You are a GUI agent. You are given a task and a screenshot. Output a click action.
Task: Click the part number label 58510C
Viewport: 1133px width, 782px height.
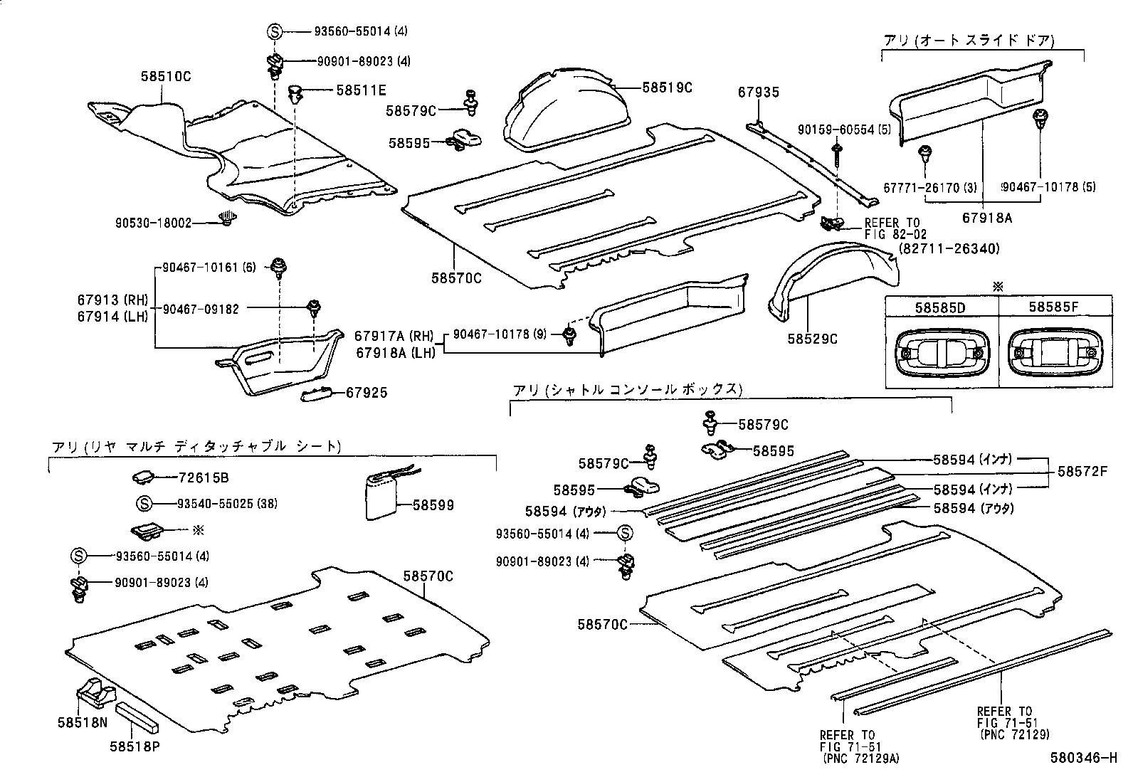click(166, 76)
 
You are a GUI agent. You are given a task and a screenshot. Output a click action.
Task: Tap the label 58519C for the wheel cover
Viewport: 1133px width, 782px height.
click(667, 88)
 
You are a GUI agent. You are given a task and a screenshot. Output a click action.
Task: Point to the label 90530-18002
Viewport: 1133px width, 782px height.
click(153, 223)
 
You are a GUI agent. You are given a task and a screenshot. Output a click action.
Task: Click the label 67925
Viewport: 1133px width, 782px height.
click(367, 393)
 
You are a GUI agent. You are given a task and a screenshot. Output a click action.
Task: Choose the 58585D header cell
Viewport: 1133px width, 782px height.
click(941, 307)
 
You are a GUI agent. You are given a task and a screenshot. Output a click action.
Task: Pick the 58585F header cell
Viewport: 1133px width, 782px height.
click(1054, 307)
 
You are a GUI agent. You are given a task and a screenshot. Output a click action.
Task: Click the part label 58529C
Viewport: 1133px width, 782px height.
click(812, 339)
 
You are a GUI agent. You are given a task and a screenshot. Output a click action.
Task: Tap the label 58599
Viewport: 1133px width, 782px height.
click(433, 505)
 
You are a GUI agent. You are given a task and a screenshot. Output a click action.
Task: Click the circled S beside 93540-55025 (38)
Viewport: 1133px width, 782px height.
click(143, 504)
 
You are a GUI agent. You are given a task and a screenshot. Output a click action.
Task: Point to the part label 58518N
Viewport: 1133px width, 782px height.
click(83, 722)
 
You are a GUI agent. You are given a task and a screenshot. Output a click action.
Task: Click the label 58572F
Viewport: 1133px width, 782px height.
click(1082, 471)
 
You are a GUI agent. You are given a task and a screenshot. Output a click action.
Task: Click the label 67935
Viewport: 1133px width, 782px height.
click(758, 92)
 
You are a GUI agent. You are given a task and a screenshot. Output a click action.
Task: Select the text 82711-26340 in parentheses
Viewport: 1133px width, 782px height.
click(949, 248)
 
